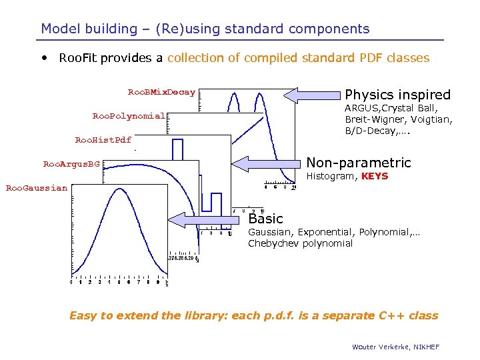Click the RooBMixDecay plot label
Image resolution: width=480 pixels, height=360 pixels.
(161, 92)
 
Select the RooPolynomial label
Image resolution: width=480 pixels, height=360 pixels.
(128, 116)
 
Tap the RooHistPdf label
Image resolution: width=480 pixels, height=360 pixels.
(103, 140)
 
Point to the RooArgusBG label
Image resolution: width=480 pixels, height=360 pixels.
(71, 163)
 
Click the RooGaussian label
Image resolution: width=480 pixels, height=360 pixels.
(36, 188)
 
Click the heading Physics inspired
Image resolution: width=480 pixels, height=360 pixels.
(397, 95)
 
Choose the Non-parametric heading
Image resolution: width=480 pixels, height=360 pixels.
(358, 163)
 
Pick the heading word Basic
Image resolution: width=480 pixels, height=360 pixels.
(265, 219)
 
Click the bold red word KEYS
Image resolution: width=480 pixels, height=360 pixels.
(374, 177)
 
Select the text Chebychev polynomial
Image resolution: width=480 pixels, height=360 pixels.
(300, 243)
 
